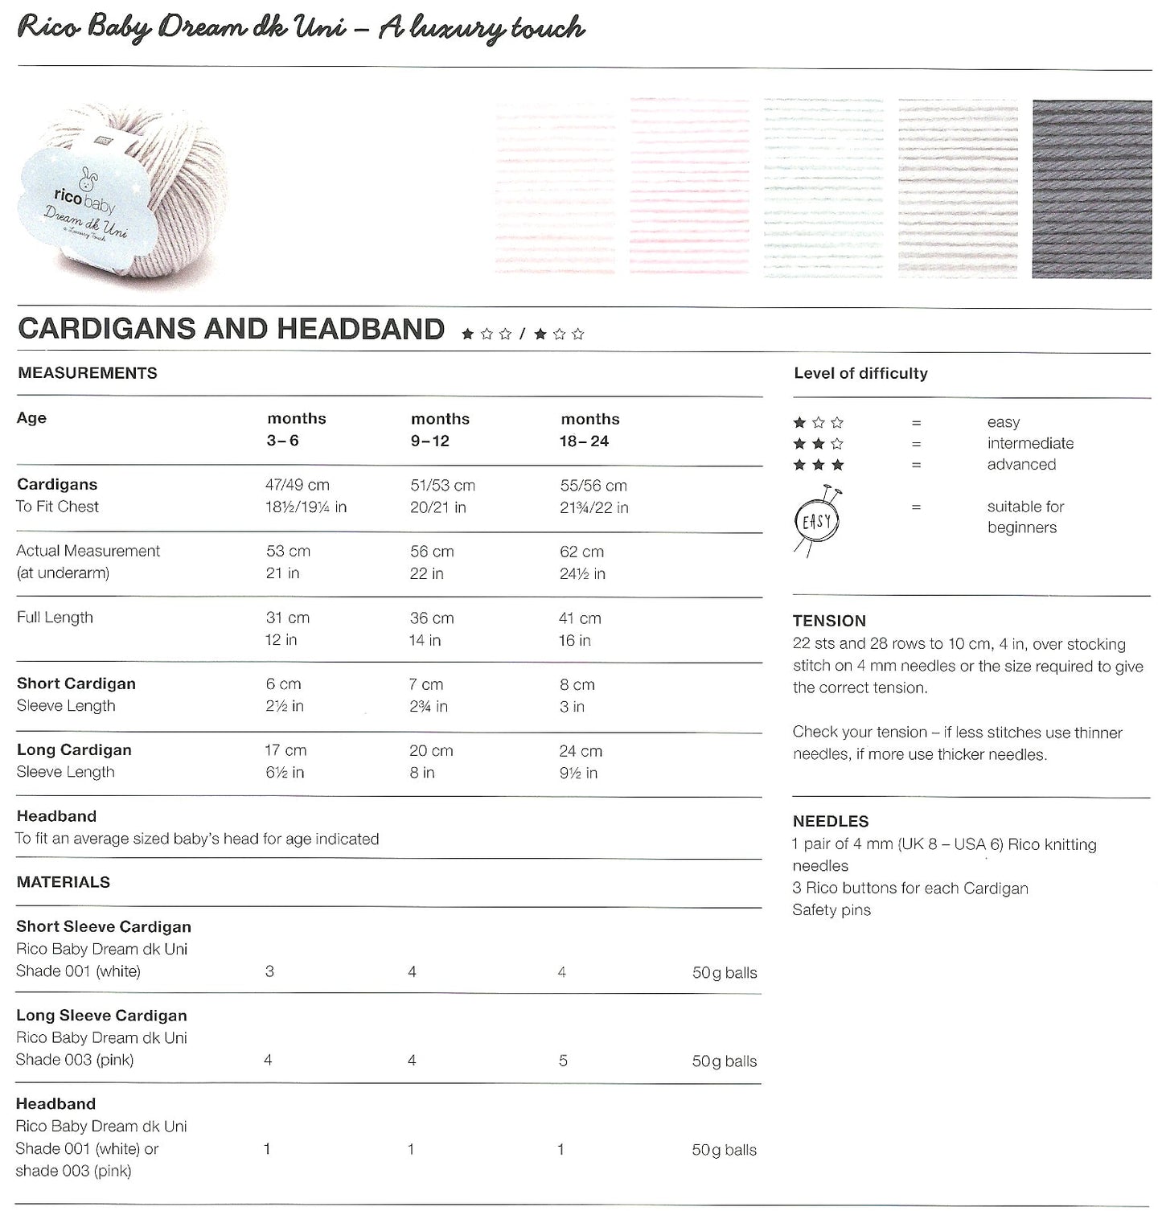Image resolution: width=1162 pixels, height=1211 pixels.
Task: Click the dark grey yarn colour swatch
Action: click(1091, 189)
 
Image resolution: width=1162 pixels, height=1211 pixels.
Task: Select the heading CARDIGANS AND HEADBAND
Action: click(231, 329)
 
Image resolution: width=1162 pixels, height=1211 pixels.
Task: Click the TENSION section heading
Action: click(829, 621)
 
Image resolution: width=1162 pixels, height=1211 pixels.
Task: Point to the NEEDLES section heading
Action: click(831, 821)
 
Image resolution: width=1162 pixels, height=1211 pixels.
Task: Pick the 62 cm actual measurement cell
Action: click(582, 552)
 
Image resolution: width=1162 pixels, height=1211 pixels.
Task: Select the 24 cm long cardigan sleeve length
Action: click(581, 750)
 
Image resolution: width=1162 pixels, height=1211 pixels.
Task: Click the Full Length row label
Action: click(55, 618)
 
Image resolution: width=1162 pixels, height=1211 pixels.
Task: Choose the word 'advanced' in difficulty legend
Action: click(1021, 464)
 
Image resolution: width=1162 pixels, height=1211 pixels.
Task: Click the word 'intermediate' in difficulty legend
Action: click(1030, 443)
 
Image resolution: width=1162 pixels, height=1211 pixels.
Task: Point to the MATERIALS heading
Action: click(64, 882)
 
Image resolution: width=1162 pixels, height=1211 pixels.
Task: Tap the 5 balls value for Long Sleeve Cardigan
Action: click(563, 1061)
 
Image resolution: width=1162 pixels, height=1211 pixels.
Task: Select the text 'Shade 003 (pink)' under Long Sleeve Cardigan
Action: click(75, 1060)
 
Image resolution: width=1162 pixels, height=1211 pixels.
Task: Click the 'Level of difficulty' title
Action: click(860, 373)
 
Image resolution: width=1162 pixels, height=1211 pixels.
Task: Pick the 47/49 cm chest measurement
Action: click(298, 486)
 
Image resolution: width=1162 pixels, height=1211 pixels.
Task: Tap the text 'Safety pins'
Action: click(831, 909)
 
